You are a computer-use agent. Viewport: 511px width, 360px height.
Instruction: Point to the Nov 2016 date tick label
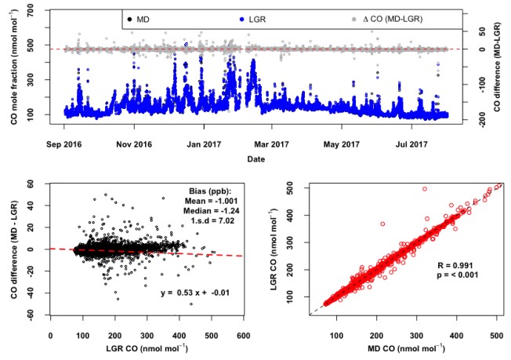coord(133,144)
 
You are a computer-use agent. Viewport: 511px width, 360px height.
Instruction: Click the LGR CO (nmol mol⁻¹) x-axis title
coord(146,347)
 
